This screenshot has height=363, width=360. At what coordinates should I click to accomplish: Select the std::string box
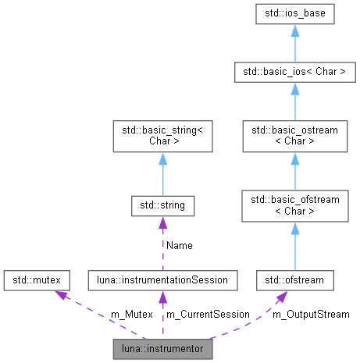click(162, 206)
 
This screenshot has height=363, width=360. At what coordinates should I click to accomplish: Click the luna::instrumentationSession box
click(162, 278)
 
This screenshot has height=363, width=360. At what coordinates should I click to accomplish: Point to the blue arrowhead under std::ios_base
click(295, 32)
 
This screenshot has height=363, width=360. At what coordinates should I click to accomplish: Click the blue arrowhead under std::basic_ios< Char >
click(295, 91)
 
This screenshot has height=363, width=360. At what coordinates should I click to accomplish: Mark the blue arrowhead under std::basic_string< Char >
click(162, 159)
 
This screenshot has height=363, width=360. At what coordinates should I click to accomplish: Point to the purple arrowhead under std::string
click(162, 223)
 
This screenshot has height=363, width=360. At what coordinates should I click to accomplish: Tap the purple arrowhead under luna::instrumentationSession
click(162, 296)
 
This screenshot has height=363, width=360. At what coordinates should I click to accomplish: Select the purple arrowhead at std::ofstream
click(279, 296)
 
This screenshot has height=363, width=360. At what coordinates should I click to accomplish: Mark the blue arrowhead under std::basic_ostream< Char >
click(295, 159)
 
